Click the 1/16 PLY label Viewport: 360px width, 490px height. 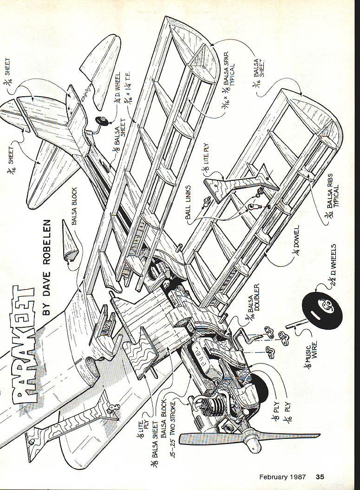click(286, 409)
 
